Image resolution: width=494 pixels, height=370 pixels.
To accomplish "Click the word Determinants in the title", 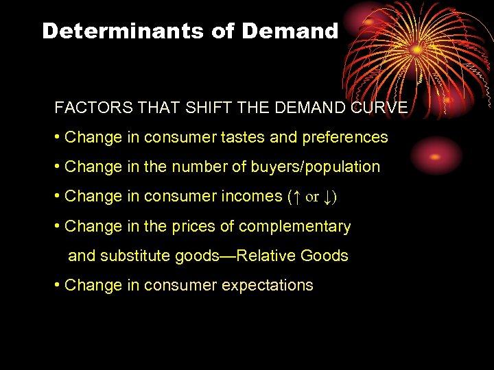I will [126, 31].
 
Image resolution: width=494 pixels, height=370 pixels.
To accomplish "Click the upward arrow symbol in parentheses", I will [295, 197].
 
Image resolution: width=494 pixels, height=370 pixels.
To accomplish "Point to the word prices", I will [223, 226].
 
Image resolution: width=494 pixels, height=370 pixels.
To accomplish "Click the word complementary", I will [307, 226].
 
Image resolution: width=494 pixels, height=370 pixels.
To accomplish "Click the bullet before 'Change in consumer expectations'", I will [57, 285].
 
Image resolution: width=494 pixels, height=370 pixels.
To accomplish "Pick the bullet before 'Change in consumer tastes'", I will [57, 137].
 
